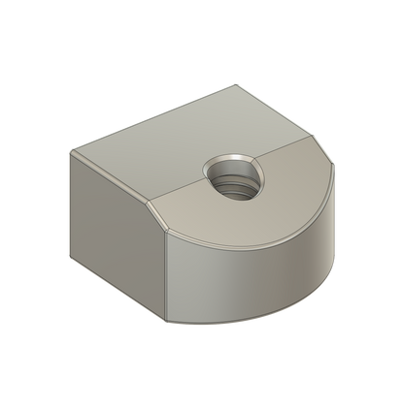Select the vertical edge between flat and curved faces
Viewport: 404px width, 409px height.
(168, 276)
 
